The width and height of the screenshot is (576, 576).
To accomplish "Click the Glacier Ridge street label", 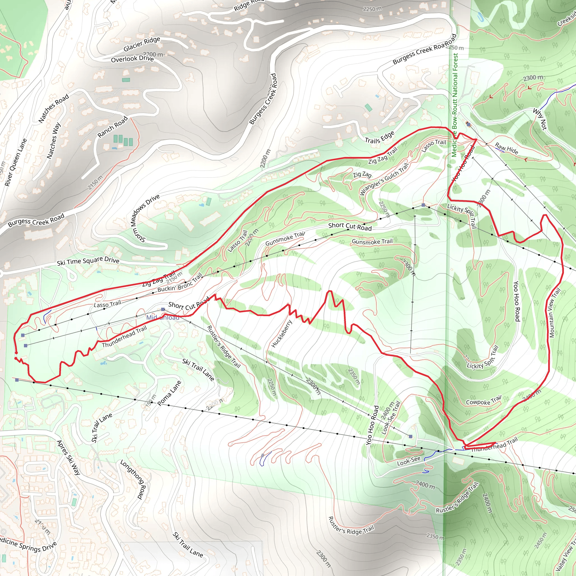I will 142,44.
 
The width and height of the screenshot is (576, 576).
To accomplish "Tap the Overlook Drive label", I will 132,59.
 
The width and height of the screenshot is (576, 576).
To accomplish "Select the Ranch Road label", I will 112,127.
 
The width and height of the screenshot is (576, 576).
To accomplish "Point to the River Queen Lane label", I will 16,163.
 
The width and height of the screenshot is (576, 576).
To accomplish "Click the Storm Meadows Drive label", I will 145,218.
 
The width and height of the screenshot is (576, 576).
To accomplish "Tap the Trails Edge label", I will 379,137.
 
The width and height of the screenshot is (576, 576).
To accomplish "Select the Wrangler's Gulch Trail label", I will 384,179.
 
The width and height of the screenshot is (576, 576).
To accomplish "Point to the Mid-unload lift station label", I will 163,318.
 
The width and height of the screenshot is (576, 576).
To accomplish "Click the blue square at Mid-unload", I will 163,309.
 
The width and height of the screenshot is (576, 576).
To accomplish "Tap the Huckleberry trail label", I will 281,334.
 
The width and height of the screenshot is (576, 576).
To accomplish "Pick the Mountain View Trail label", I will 555,313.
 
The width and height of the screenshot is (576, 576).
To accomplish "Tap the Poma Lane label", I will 169,393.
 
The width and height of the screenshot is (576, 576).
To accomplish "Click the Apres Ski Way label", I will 68,457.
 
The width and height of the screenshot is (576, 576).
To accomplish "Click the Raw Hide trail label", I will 506,148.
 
